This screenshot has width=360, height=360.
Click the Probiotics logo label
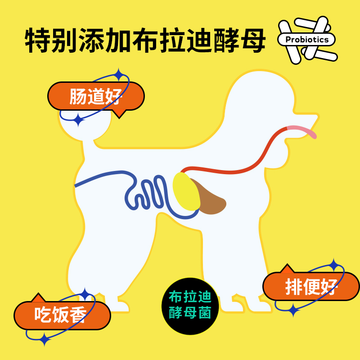click(307, 40)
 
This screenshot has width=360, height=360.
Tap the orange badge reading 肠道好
click(96, 97)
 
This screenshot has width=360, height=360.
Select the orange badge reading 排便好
click(311, 287)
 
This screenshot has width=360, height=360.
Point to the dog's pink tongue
click(302, 131)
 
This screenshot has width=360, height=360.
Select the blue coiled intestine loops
click(151, 193)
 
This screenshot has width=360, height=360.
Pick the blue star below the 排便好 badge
click(293, 310)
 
